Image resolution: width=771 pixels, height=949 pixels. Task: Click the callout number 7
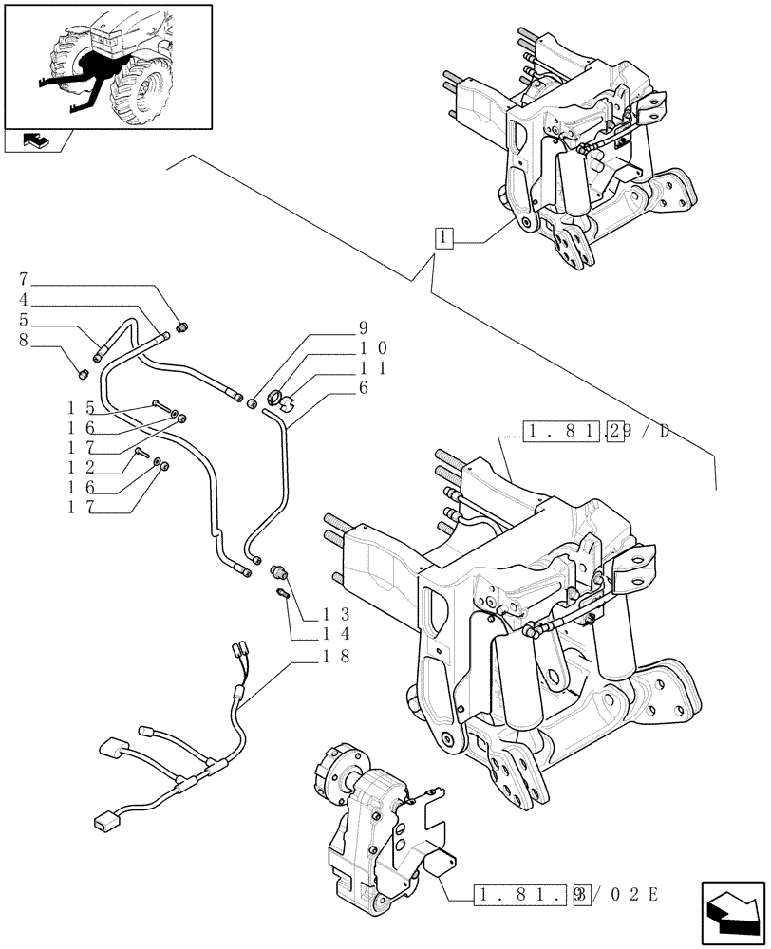coord(23,280)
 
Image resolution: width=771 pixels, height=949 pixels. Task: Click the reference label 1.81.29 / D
coord(595,432)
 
